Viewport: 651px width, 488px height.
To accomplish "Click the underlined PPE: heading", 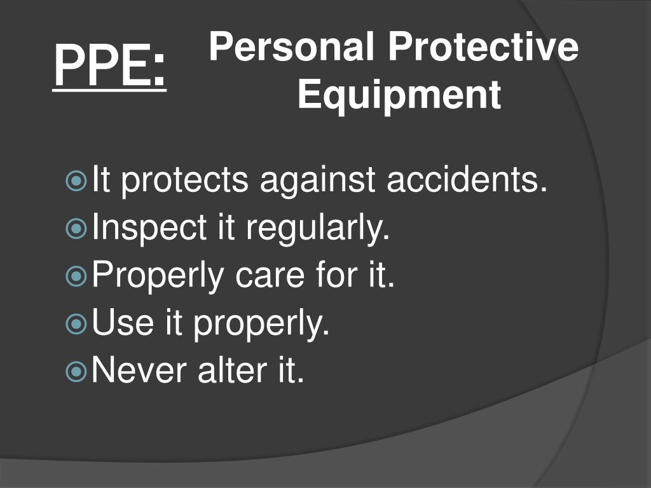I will point(109,66).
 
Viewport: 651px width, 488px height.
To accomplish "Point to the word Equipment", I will point(399,95).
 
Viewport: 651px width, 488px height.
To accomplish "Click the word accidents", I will point(467,180).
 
